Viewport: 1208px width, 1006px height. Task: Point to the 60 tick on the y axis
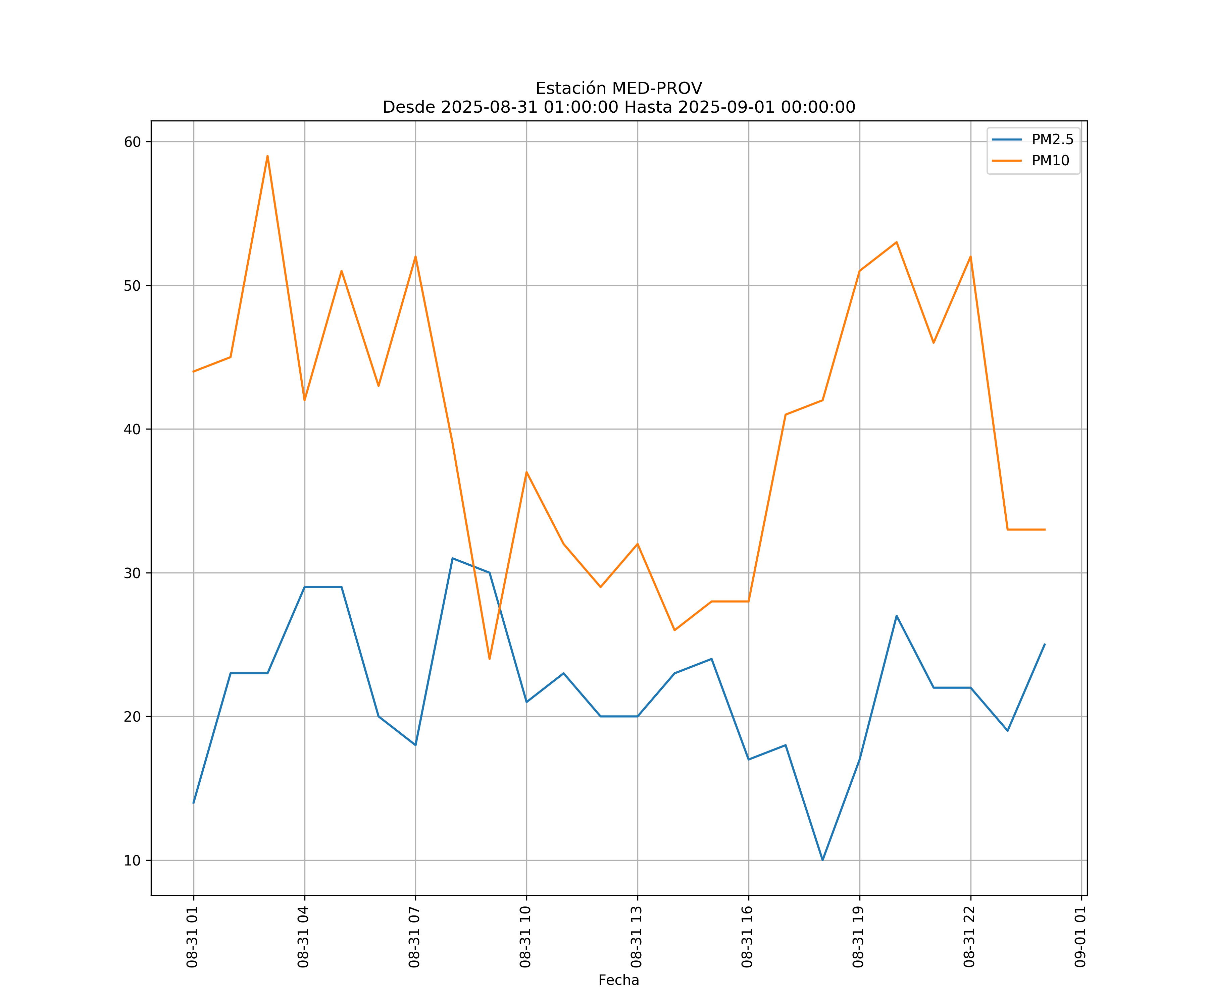[x=132, y=142]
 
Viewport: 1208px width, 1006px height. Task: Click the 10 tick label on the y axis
[x=132, y=860]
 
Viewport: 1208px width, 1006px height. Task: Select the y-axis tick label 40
[x=132, y=430]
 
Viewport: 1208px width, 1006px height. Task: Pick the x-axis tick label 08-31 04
[x=304, y=937]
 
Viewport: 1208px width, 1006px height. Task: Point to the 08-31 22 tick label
[x=969, y=937]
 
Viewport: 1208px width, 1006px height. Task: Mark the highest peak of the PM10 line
[x=267, y=156]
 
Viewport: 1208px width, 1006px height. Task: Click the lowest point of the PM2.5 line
[x=822, y=860]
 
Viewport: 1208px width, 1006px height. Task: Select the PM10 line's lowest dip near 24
[x=490, y=659]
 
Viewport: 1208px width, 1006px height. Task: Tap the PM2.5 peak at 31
[x=453, y=558]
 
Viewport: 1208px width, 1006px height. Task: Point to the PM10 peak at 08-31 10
[x=526, y=472]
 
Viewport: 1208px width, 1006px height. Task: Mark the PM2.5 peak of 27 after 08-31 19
[x=896, y=616]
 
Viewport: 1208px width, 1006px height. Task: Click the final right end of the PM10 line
[x=1045, y=529]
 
